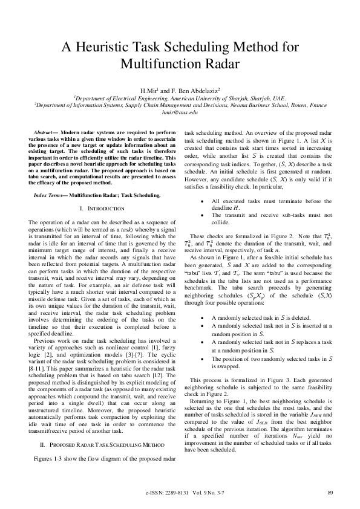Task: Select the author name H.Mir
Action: click(148, 90)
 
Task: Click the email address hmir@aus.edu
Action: click(180, 112)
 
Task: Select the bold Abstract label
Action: click(47, 132)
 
